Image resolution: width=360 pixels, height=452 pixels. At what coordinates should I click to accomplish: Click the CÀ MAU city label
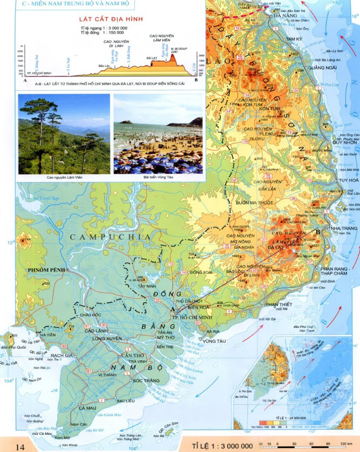87,408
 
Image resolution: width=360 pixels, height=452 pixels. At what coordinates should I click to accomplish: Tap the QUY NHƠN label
342,142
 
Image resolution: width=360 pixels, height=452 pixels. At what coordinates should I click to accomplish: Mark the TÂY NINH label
146,286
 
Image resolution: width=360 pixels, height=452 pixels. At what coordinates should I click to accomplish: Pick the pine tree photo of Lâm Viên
64,134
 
